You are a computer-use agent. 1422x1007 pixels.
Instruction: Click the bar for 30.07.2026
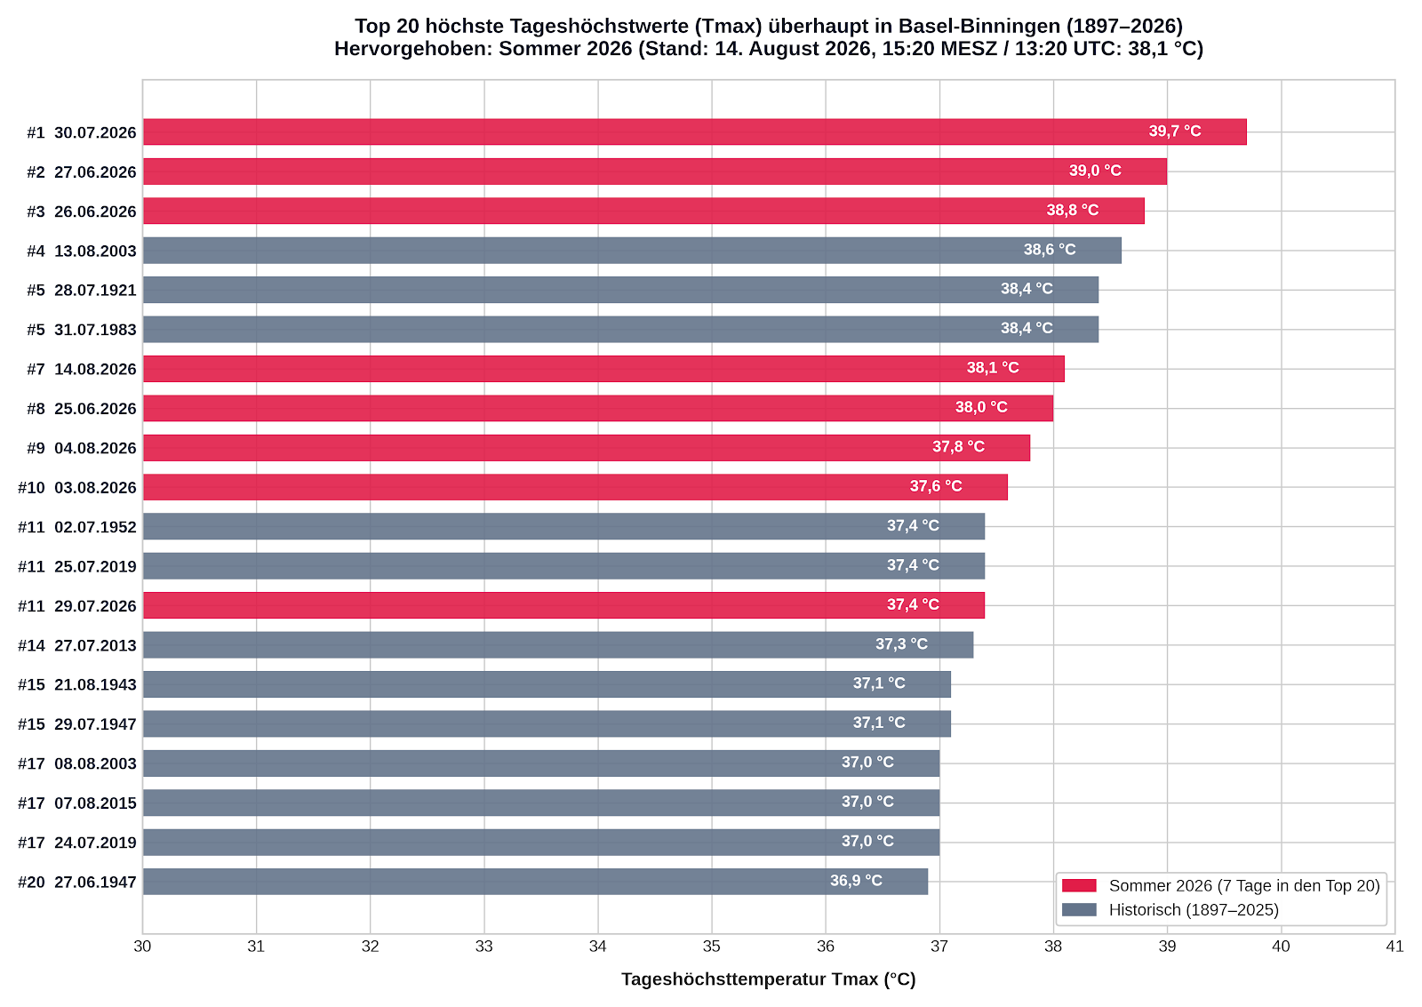tap(694, 132)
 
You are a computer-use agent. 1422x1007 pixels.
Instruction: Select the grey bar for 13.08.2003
tap(632, 250)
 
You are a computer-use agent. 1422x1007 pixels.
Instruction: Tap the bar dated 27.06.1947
tap(535, 882)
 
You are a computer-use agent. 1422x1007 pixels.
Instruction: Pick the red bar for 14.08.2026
tap(603, 369)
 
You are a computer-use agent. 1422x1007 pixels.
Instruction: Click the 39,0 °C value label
tap(1095, 171)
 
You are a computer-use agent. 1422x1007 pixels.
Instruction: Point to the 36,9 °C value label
tap(856, 881)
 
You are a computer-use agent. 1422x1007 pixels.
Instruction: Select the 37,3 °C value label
tap(901, 643)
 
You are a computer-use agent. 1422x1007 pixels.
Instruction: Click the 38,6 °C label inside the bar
tap(1050, 250)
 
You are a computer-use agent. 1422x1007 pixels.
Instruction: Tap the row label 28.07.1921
tap(95, 290)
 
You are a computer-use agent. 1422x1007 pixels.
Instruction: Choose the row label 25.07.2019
tap(95, 566)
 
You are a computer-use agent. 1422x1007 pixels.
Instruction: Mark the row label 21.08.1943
tap(95, 684)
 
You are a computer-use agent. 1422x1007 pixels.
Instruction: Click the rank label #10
tap(31, 488)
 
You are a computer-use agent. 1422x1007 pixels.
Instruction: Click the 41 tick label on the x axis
tap(1394, 947)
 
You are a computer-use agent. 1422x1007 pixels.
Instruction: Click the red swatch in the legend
tap(1079, 886)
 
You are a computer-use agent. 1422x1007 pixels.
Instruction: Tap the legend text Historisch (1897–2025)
tap(1194, 910)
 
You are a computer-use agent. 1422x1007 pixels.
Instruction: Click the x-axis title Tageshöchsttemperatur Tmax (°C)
tap(768, 979)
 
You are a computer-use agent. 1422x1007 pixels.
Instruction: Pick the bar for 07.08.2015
tap(541, 803)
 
